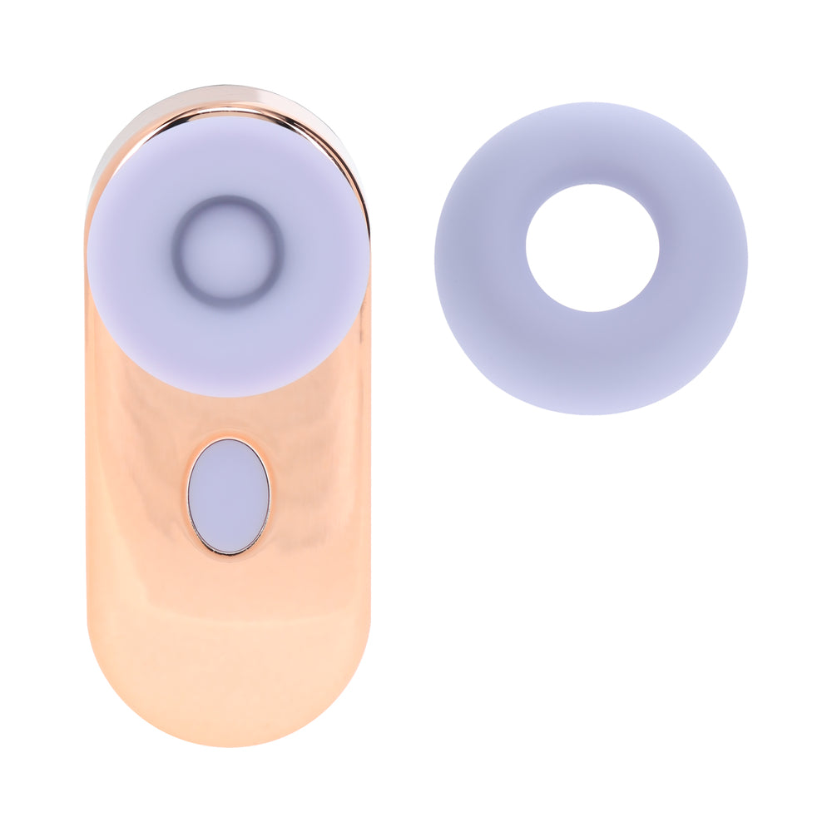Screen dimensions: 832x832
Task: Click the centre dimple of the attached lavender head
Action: pos(227,250)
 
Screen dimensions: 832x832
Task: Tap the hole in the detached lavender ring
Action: pos(592,248)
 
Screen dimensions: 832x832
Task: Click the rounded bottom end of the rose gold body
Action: pos(228,707)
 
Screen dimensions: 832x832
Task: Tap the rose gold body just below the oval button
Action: pos(228,599)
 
